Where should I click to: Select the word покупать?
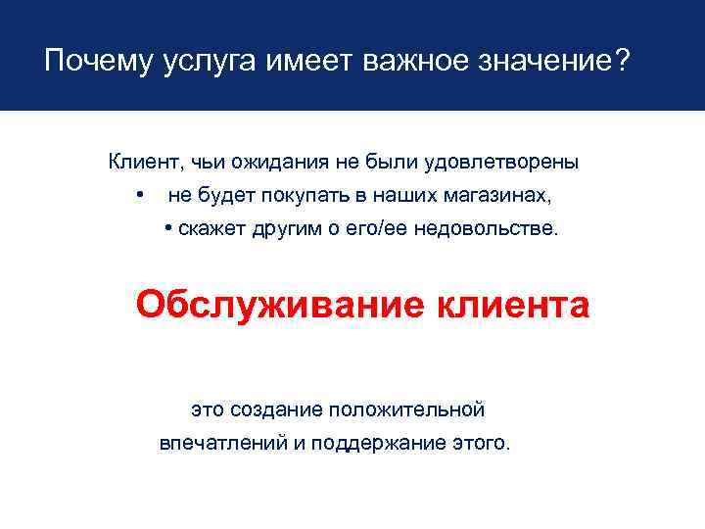click(306, 196)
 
